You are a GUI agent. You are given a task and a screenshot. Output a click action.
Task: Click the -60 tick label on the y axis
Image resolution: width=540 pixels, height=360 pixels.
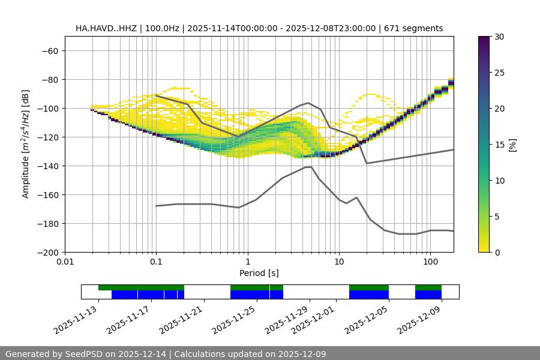click(x=50, y=50)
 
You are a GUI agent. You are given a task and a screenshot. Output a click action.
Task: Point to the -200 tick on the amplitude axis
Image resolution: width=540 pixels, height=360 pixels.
click(x=47, y=252)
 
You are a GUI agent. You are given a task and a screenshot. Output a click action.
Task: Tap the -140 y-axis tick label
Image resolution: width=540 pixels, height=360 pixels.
click(x=47, y=166)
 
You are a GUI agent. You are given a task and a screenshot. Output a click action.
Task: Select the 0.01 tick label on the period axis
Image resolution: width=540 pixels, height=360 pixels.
click(x=65, y=262)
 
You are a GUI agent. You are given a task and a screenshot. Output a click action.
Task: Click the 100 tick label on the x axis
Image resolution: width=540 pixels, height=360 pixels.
click(x=430, y=262)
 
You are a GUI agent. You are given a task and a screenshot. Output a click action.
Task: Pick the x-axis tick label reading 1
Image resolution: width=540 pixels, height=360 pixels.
click(x=247, y=262)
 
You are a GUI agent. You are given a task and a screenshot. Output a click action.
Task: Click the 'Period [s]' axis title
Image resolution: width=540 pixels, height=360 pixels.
click(x=259, y=274)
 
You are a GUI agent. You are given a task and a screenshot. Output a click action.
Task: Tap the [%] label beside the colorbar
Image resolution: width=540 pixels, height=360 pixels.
click(x=512, y=145)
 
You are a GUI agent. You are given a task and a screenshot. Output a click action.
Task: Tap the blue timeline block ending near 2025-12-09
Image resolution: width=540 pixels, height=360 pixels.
click(x=428, y=295)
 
